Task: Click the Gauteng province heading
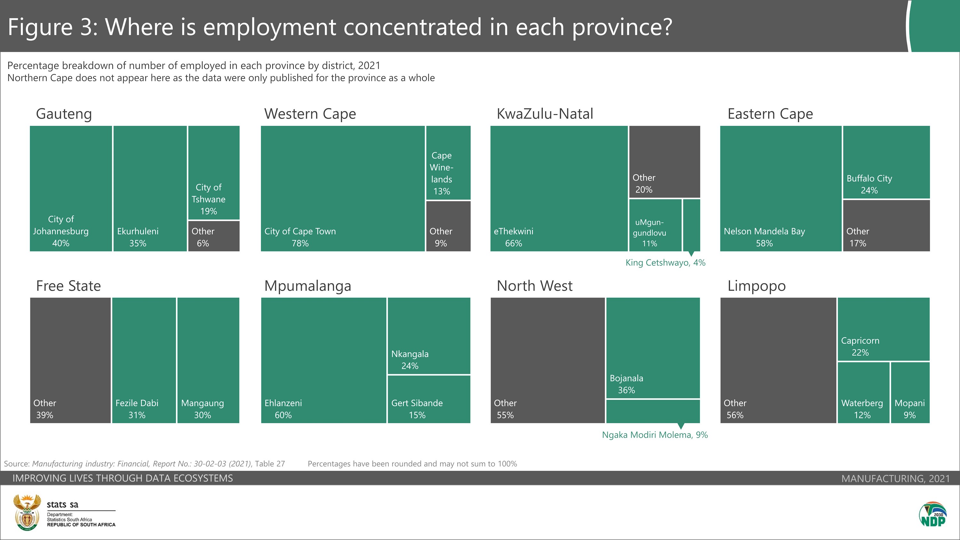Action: point(64,114)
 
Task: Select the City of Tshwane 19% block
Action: point(213,172)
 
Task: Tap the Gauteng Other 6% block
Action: point(213,236)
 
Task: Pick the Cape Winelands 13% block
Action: point(448,163)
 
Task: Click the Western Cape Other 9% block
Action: point(448,226)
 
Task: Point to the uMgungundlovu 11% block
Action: point(655,226)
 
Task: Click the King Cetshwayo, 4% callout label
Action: point(665,263)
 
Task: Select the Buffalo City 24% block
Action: point(886,162)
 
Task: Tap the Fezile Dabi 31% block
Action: point(144,360)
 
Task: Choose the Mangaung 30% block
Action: point(208,360)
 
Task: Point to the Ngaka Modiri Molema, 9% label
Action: point(655,435)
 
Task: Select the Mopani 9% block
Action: point(910,393)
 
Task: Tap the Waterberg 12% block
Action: point(863,393)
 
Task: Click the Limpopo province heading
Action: point(756,286)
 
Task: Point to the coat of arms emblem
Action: point(27,512)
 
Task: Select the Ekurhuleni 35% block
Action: point(150,188)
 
